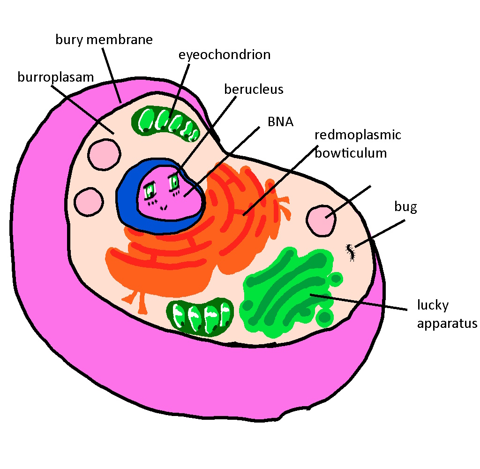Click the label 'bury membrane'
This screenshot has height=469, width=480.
pos(104,40)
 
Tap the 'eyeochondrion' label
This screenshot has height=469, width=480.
pos(225,55)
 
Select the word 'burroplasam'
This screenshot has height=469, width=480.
pos(55,77)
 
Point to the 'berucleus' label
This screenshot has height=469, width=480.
pos(254,89)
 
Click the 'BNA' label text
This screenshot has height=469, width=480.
pos(280,121)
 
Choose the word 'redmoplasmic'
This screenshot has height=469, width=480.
pos(358,135)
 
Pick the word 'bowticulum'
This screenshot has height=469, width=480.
pos(351,153)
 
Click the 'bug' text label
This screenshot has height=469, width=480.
pos(405,207)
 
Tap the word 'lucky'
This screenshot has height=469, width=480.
pos(433,305)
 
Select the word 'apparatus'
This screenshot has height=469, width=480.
pos(447,324)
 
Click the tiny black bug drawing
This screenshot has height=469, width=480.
pos(351,252)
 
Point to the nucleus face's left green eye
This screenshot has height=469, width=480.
pos(150,190)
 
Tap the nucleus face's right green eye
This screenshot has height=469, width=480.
pos(174,182)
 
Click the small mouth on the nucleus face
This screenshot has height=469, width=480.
pos(164,208)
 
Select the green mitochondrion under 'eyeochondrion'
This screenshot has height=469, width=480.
pos(165,123)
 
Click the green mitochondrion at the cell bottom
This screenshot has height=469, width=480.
pos(200,317)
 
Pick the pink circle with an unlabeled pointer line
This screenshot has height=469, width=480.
pos(321,221)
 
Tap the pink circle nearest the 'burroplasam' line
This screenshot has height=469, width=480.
pos(104,154)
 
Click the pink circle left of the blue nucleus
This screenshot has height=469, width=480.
pos(89,202)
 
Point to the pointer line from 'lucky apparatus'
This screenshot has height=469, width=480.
pos(359,302)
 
